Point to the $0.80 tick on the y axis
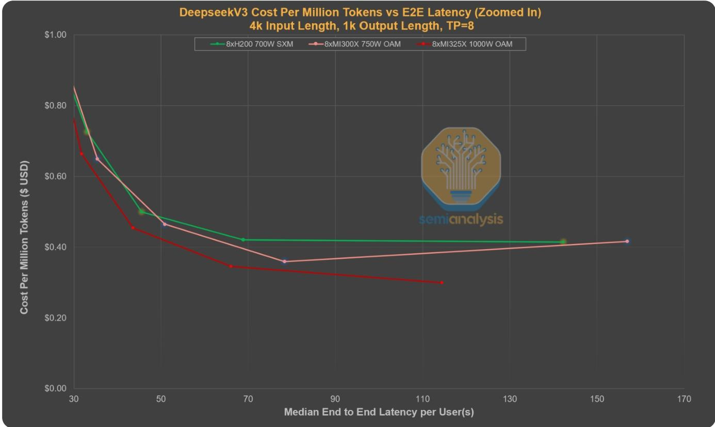tap(56, 106)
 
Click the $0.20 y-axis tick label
tap(56, 318)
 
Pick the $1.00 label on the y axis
tap(56, 35)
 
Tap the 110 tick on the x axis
tap(423, 399)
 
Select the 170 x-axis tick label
tap(684, 399)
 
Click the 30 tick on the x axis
tap(74, 399)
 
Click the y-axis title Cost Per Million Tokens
tap(24, 237)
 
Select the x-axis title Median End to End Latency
tap(379, 413)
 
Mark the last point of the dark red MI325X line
tap(442, 283)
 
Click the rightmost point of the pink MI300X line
tap(627, 241)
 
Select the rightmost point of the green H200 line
tap(563, 242)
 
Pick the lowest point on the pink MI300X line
tap(284, 261)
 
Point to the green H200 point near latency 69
tap(243, 239)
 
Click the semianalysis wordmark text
tap(461, 220)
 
